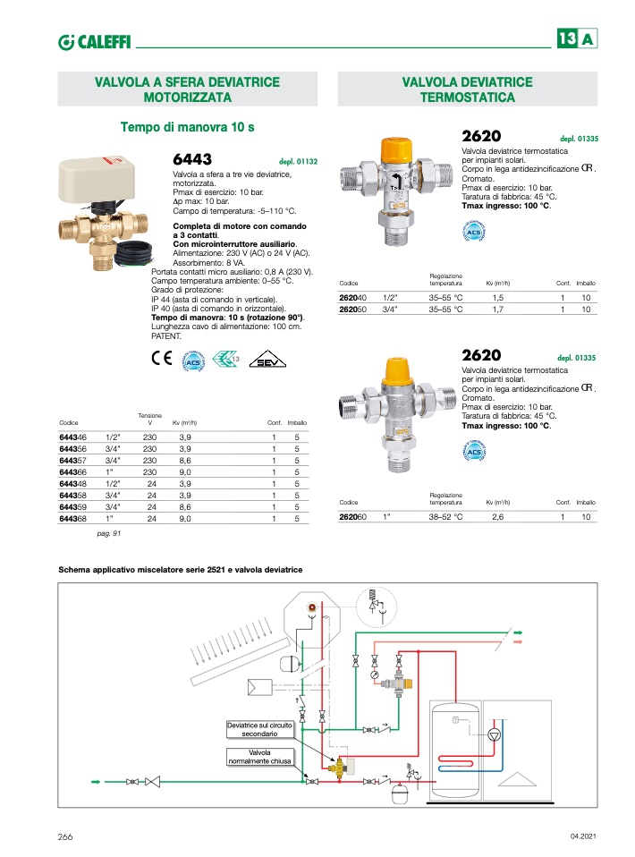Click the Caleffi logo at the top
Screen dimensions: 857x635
click(x=94, y=40)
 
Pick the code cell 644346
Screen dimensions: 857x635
click(x=72, y=437)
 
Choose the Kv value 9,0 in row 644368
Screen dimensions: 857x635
click(x=186, y=518)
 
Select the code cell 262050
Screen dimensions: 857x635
click(x=353, y=309)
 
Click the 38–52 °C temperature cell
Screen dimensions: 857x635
click(x=445, y=516)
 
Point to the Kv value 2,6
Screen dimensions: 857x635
click(x=498, y=516)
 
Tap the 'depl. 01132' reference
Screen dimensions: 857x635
click(x=300, y=162)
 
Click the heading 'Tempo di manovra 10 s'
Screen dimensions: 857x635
click(x=187, y=127)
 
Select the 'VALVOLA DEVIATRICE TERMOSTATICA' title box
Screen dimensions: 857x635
click(x=467, y=89)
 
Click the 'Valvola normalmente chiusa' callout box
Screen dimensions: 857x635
click(x=259, y=757)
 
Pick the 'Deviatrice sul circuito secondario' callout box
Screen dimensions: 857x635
click(x=259, y=727)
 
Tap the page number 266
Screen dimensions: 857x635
click(x=64, y=836)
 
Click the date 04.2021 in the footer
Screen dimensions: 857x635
click(x=582, y=836)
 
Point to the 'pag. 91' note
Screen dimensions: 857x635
click(x=108, y=533)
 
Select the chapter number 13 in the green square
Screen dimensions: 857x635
click(x=566, y=39)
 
